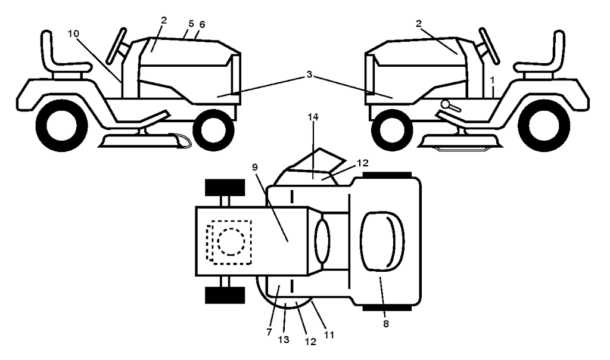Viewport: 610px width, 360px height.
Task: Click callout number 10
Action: (x=73, y=34)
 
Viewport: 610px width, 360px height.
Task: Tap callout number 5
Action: (x=191, y=23)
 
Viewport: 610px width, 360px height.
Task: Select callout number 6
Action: (x=202, y=24)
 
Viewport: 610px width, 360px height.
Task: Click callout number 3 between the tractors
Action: (x=309, y=75)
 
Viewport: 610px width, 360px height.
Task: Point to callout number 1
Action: (x=492, y=80)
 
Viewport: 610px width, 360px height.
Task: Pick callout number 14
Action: (x=313, y=117)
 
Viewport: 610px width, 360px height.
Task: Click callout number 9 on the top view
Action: (x=255, y=167)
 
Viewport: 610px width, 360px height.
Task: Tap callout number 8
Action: (x=386, y=324)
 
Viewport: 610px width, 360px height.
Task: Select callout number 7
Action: (x=269, y=332)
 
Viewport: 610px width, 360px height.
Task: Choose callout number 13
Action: (x=284, y=340)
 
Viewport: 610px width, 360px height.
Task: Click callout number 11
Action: (x=329, y=334)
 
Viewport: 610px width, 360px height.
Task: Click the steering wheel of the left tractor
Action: (x=117, y=45)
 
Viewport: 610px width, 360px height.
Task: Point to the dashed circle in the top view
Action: (x=231, y=241)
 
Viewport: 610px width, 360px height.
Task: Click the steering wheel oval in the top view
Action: (x=322, y=241)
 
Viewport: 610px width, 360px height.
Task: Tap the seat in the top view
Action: (x=382, y=241)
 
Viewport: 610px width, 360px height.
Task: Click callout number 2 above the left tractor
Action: (x=164, y=21)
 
